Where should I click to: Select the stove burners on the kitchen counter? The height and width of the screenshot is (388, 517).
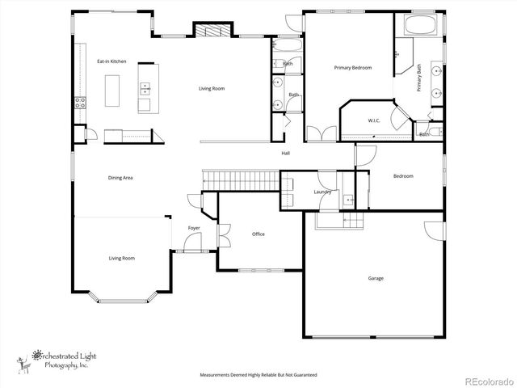click(80, 103)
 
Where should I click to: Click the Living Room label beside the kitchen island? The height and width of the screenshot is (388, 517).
click(212, 88)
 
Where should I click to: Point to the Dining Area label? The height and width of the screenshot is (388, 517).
click(120, 177)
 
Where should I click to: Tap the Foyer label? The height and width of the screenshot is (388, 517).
click(194, 228)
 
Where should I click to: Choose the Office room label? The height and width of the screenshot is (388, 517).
click(258, 234)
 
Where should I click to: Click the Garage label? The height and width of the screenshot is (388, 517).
click(376, 278)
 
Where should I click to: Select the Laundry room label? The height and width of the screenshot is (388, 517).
click(323, 192)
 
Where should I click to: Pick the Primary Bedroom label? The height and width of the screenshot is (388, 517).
click(353, 68)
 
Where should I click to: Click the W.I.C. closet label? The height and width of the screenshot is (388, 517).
click(374, 121)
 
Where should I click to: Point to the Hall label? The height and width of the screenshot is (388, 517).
click(285, 153)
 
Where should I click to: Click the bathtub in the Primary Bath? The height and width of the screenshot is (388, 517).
click(418, 24)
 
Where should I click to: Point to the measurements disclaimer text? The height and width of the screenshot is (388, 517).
click(258, 375)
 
